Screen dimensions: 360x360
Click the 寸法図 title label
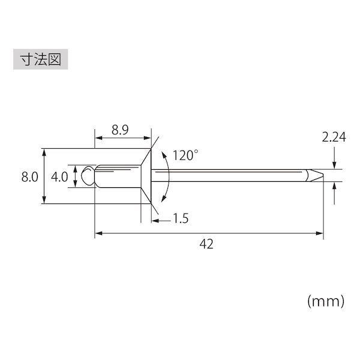point(41,59)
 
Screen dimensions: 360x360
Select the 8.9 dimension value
point(120,130)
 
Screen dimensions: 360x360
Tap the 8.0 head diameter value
point(29,177)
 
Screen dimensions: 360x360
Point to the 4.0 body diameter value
point(59,177)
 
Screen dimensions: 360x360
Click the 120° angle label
point(185,155)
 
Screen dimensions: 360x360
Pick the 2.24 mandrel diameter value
point(334,137)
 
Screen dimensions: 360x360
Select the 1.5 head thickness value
point(181,218)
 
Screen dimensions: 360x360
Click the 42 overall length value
point(206,244)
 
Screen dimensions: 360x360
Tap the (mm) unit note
point(326,301)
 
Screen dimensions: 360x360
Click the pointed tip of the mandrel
point(323,175)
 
